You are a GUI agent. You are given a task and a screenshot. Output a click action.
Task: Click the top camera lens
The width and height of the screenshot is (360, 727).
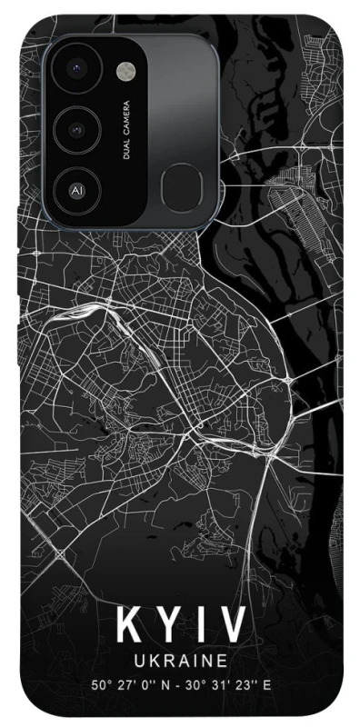pos(75,68)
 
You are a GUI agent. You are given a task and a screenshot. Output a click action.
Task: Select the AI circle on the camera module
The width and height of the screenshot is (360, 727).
pos(75,191)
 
